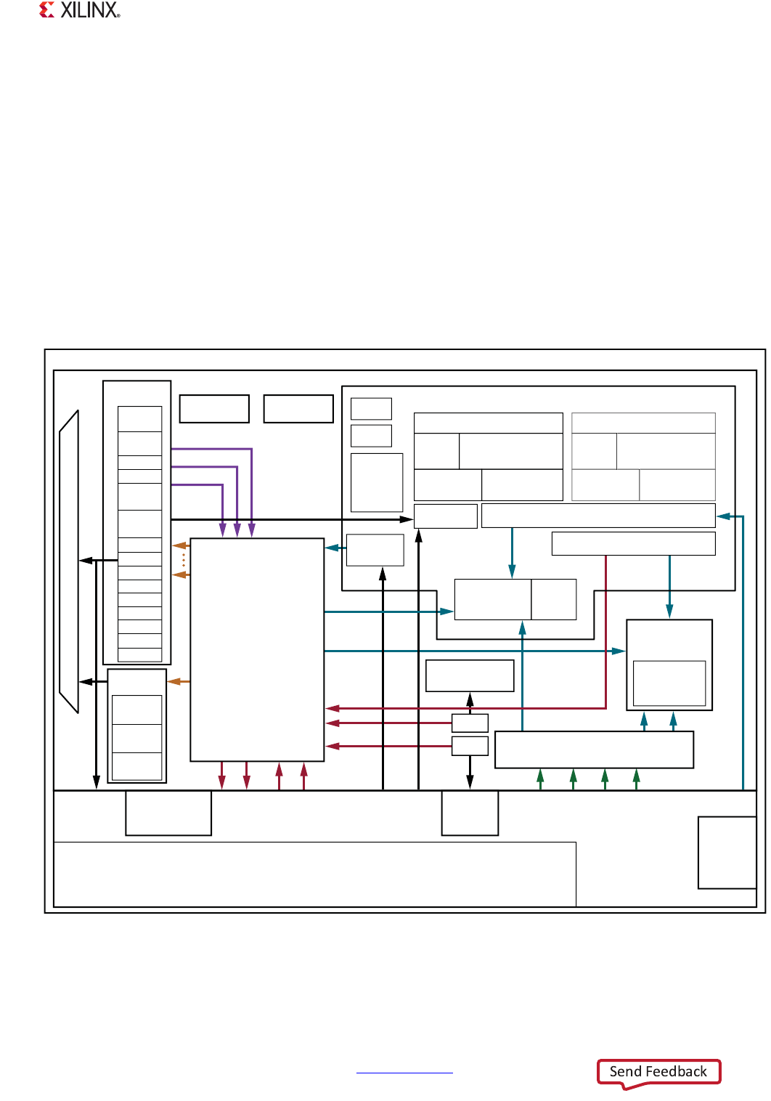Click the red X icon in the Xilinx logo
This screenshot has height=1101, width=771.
(47, 9)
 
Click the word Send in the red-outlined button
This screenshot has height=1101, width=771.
(625, 1071)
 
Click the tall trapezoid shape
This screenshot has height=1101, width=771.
(69, 561)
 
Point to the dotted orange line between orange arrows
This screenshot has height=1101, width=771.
(184, 560)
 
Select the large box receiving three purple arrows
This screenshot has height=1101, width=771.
(257, 649)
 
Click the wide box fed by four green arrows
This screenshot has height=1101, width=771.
(594, 749)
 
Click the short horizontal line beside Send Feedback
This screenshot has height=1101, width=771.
(404, 1072)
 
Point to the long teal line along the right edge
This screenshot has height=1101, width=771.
(743, 654)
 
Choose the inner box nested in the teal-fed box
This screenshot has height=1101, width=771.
(669, 683)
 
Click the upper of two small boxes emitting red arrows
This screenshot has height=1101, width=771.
(470, 723)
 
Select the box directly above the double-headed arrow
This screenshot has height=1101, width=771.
(470, 675)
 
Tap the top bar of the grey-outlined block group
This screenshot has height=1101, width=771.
(643, 423)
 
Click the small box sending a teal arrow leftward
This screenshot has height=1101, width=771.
(375, 550)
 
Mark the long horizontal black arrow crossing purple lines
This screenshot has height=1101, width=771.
(290, 519)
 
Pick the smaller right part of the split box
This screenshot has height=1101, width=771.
(554, 599)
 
